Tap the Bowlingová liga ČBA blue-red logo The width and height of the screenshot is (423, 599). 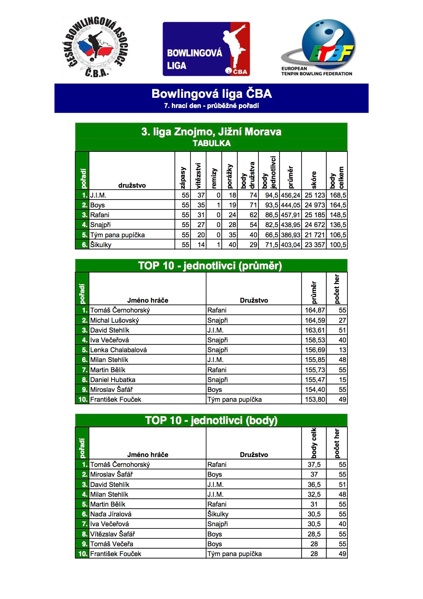pos(206,49)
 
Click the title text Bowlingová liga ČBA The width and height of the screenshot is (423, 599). pos(211,94)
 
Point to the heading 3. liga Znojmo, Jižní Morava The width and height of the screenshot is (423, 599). pos(211,132)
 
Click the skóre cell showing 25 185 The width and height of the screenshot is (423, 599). pos(315,215)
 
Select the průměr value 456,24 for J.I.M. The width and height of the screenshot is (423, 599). pos(291,195)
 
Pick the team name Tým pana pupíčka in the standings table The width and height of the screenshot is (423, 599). pos(117,235)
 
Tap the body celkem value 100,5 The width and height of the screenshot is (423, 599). pos(338,245)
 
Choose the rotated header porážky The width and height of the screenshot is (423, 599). pos(230,177)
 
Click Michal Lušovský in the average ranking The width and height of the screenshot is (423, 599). pos(115,320)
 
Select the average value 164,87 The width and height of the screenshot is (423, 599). pos(315,310)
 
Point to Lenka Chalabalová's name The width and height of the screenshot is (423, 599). pos(118,350)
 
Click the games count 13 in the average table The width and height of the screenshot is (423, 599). pos(342,350)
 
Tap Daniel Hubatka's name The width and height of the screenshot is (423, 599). pos(113,380)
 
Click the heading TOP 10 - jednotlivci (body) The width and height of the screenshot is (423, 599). pos(211,421)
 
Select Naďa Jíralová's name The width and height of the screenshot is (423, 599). pos(111,514)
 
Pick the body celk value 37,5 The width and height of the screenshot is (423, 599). pos(314,465)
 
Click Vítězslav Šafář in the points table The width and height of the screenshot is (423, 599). pos(113,534)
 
